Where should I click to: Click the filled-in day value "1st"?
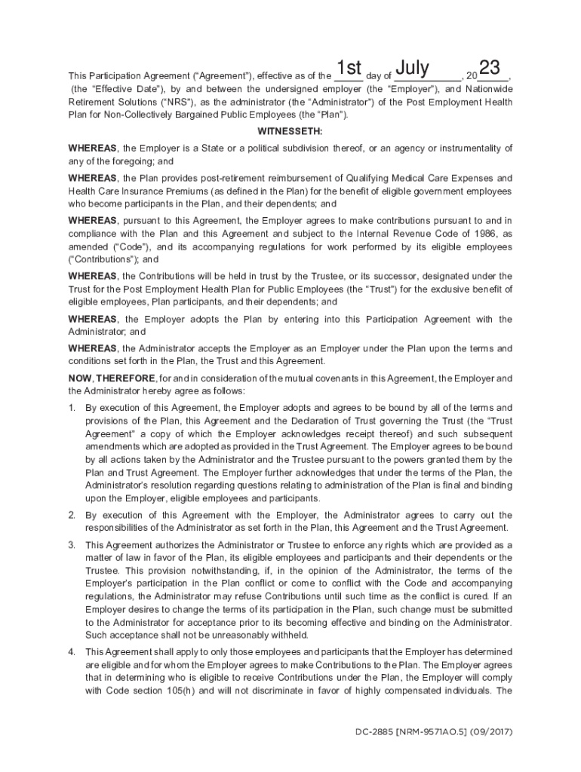[x=350, y=70]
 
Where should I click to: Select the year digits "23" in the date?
[x=490, y=69]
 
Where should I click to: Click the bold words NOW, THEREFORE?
[x=112, y=378]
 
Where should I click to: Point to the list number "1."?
[x=72, y=408]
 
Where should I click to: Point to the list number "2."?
[x=72, y=515]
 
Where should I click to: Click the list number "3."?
[x=72, y=544]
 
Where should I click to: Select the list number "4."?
[x=72, y=651]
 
